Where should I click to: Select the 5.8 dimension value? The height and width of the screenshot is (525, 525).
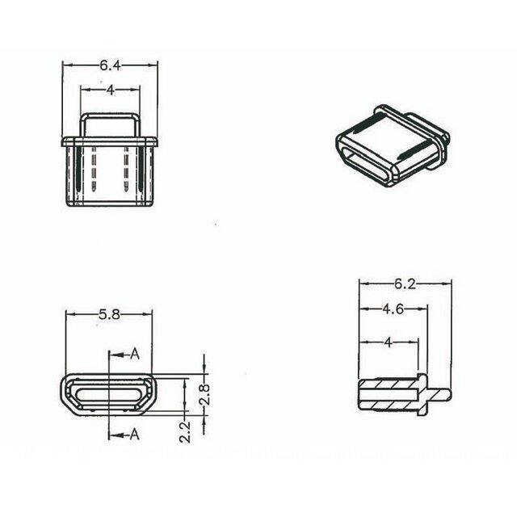pos(109,315)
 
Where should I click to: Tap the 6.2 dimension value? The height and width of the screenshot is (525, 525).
pos(405,283)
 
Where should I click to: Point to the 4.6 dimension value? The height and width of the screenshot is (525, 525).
pos(393,309)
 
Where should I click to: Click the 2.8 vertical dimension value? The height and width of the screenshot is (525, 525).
pos(204,394)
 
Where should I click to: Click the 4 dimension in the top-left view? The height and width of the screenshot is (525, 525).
pos(109,90)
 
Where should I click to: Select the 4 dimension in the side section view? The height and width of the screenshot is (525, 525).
pos(388,342)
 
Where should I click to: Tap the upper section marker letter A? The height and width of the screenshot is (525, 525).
pos(135,354)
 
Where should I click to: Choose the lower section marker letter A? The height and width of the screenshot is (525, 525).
pos(135,435)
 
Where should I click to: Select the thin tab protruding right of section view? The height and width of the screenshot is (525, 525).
pos(439,394)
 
